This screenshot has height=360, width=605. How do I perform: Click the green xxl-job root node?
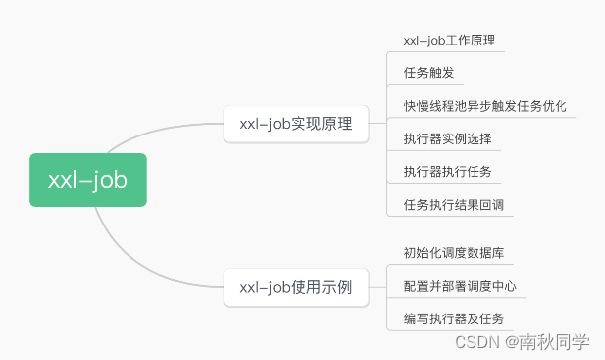tap(88, 179)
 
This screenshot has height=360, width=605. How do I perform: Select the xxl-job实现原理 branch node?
tap(296, 125)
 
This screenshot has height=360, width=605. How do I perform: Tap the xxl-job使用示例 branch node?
tap(296, 287)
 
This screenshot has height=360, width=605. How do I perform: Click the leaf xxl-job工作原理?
tap(449, 41)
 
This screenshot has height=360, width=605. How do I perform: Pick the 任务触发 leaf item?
tap(428, 73)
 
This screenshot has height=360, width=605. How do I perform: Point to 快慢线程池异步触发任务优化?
tap(485, 106)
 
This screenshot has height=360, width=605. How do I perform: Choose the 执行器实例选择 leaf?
tap(448, 138)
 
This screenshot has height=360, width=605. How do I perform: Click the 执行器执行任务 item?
tap(448, 172)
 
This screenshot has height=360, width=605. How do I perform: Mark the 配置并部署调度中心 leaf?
tap(461, 286)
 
